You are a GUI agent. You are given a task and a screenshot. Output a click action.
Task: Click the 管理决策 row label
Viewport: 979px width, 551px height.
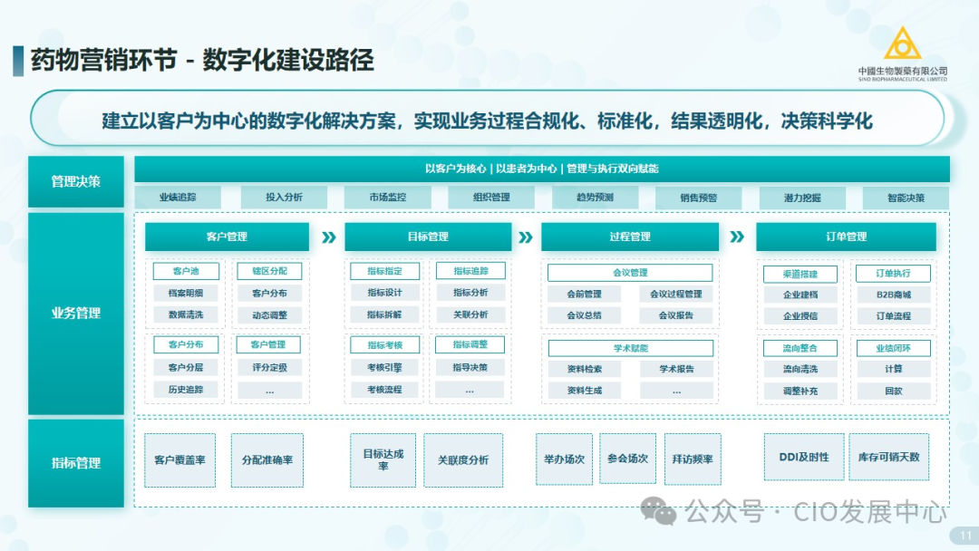[76, 181]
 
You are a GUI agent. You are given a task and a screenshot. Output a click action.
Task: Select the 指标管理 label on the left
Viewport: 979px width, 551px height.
[76, 463]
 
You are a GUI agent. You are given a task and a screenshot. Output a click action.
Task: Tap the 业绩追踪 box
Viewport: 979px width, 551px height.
[178, 198]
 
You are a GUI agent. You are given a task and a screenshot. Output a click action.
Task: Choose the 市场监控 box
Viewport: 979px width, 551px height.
[387, 198]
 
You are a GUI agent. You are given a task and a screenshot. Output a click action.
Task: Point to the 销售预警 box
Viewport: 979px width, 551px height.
[699, 198]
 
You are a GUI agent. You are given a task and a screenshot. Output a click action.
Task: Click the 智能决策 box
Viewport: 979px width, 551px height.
[906, 198]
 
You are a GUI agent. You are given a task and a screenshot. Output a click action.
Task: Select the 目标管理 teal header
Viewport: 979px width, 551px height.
[427, 237]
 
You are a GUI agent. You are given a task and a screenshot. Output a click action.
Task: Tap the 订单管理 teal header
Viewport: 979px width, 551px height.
[846, 237]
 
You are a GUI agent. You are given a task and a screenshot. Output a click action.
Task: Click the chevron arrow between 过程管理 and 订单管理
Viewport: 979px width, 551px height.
[737, 237]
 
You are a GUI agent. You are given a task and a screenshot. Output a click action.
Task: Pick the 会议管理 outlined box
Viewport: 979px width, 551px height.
[630, 273]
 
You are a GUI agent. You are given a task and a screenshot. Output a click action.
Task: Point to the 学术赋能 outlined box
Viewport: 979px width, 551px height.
[630, 348]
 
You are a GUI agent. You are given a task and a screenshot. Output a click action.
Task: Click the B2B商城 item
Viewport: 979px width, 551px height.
[893, 295]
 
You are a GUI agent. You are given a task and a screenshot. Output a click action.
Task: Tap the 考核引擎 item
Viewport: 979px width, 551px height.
[384, 368]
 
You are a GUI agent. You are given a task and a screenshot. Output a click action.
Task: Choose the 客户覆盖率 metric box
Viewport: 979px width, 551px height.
[179, 459]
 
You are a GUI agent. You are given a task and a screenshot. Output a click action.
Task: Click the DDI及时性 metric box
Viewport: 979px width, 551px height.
[803, 458]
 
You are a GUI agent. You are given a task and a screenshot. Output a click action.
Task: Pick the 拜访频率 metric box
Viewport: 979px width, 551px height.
[693, 459]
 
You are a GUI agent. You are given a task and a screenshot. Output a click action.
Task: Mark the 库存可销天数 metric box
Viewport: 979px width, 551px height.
[888, 458]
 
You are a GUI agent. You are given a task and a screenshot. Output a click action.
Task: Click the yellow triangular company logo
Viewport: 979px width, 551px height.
[902, 44]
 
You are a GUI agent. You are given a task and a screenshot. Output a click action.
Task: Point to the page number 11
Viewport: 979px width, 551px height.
[965, 536]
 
